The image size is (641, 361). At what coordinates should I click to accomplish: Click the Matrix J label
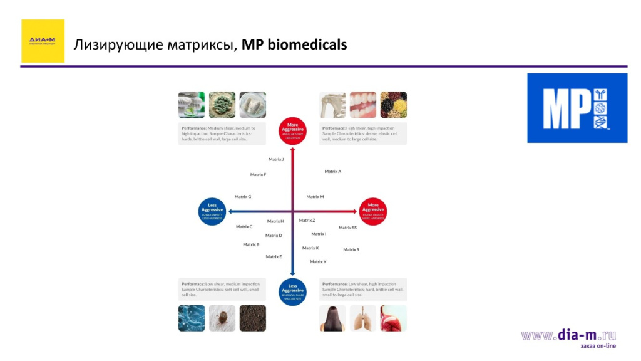click(x=276, y=160)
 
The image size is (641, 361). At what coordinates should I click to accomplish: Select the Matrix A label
click(x=332, y=171)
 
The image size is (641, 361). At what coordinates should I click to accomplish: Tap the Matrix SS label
click(x=347, y=228)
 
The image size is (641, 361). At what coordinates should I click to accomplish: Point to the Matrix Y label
click(x=318, y=261)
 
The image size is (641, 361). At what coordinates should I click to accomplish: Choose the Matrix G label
click(x=243, y=197)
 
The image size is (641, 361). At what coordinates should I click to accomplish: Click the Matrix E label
click(x=274, y=256)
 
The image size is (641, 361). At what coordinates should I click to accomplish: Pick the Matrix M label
click(x=315, y=197)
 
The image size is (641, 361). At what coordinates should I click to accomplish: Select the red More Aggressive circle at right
click(x=373, y=211)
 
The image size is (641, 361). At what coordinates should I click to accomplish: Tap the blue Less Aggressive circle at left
click(x=212, y=211)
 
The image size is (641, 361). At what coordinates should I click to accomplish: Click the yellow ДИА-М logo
click(x=43, y=41)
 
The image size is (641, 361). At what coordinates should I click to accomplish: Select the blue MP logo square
click(x=577, y=108)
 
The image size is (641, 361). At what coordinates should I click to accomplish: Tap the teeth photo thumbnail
click(x=363, y=105)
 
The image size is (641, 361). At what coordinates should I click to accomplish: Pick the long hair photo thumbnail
click(x=333, y=318)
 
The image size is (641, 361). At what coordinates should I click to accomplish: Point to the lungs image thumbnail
click(x=363, y=318)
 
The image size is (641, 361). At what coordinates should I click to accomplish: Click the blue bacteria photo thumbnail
click(x=191, y=318)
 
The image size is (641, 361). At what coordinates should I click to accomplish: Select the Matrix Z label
click(x=307, y=220)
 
